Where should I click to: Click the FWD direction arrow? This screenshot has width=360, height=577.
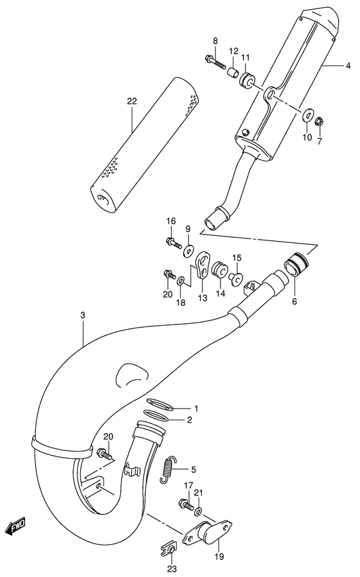(x=15, y=527)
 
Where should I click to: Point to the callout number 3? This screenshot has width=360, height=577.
(x=83, y=315)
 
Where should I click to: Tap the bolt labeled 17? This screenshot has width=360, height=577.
(x=186, y=505)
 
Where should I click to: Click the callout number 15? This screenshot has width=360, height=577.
(x=237, y=258)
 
